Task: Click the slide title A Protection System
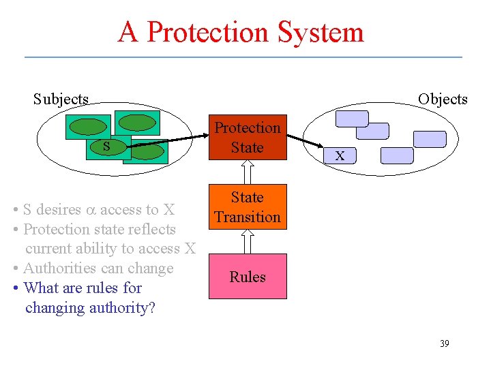tap(241, 32)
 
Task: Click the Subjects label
tap(61, 99)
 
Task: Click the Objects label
tap(443, 99)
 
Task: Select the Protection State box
tap(248, 138)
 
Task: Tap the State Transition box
tap(248, 206)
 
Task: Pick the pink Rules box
tap(248, 277)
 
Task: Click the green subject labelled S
tap(106, 146)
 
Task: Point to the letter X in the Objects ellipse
tap(340, 157)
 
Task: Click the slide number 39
tap(444, 343)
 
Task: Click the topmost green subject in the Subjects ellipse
tap(137, 122)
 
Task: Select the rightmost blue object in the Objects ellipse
tap(430, 139)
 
